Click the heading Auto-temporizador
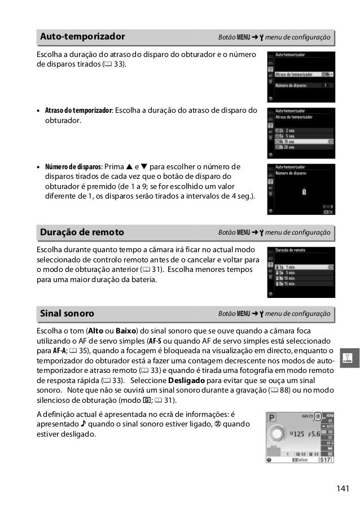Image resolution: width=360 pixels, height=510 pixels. click(x=82, y=37)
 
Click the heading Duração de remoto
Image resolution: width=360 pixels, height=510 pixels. click(x=82, y=232)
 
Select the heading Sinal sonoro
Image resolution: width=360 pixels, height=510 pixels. click(x=67, y=313)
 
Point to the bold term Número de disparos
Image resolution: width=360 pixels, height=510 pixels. click(x=74, y=166)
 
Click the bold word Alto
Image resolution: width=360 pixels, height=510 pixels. click(x=95, y=331)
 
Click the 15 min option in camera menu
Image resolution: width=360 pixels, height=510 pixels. click(x=294, y=284)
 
